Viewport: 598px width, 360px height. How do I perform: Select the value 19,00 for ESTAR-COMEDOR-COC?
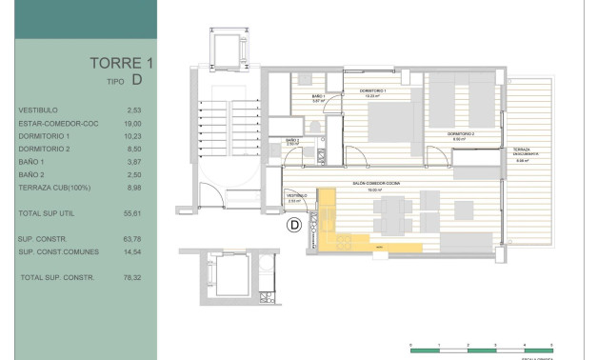pos(133,123)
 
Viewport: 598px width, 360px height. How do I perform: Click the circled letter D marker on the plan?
pos(294,225)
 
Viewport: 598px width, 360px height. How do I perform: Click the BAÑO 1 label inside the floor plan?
pos(318,96)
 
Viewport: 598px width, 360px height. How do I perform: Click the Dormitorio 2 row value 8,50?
pos(133,149)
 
